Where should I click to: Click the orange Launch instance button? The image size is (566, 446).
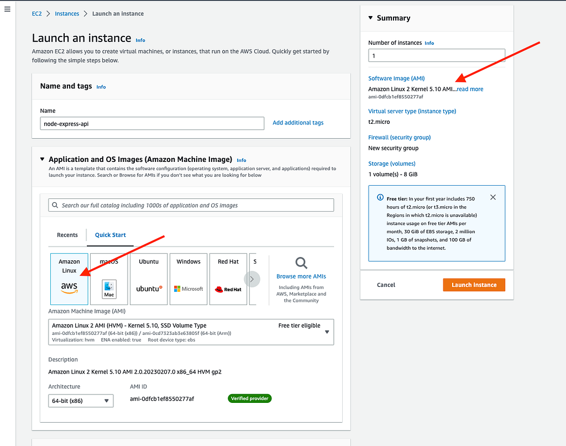point(474,285)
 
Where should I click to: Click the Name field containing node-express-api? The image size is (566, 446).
point(152,123)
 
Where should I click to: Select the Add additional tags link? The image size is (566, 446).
point(298,123)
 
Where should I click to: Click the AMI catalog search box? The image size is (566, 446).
point(191,205)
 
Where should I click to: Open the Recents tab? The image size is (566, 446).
point(67,235)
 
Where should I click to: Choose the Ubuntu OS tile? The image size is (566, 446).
point(149,279)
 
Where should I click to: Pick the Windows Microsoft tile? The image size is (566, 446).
point(188,279)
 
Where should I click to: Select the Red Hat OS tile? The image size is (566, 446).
point(228,279)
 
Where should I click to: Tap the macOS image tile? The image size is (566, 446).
point(109,279)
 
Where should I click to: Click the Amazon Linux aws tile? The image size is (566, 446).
point(69,279)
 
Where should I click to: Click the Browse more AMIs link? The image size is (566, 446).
point(301,276)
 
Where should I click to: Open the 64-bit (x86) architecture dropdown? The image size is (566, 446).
point(81,401)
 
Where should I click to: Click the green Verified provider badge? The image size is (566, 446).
point(249,398)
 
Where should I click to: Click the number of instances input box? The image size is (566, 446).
point(437,56)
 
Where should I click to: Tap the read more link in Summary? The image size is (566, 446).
point(470,89)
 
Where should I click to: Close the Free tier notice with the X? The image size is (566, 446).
point(493,197)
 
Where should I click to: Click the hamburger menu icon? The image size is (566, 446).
point(7,10)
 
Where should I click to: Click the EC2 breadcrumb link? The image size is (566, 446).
point(37,13)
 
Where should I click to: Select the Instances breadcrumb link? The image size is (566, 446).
point(67,13)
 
